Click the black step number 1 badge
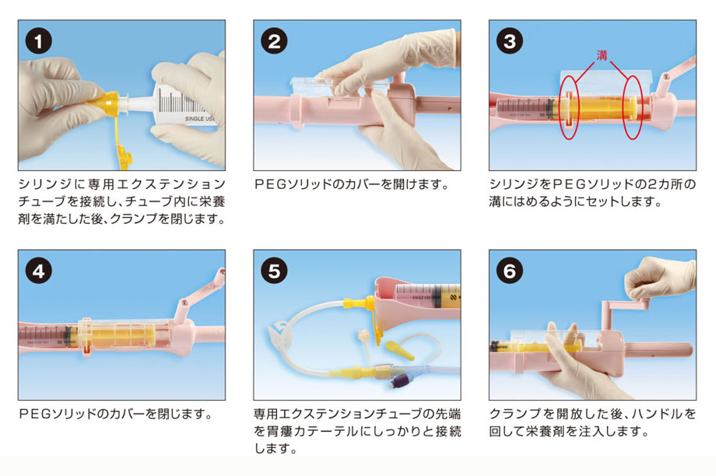click(38, 41)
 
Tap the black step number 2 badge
click(274, 41)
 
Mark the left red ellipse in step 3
click(569, 108)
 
